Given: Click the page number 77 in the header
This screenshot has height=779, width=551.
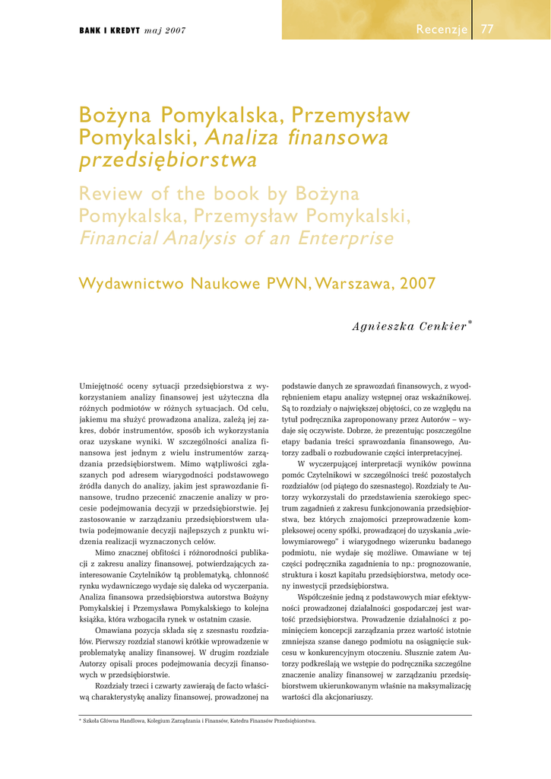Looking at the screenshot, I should [487, 30].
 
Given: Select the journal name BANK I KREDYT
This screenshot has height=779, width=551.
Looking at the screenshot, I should [109, 30].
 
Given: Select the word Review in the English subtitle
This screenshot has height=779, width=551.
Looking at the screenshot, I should [111, 194].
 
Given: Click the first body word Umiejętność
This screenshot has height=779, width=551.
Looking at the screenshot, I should [107, 386].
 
